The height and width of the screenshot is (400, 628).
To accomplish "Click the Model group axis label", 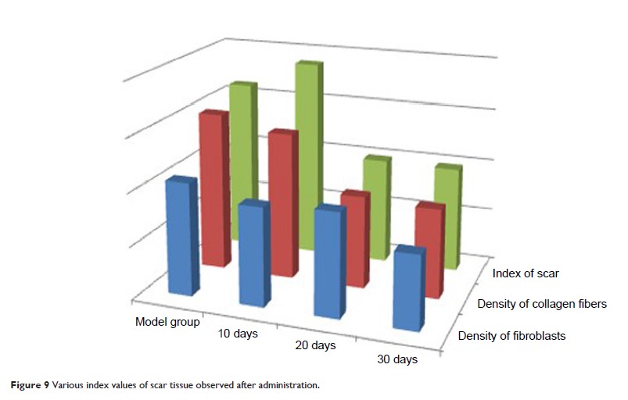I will point(167,321).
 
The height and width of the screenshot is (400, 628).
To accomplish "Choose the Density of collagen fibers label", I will point(542,304).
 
